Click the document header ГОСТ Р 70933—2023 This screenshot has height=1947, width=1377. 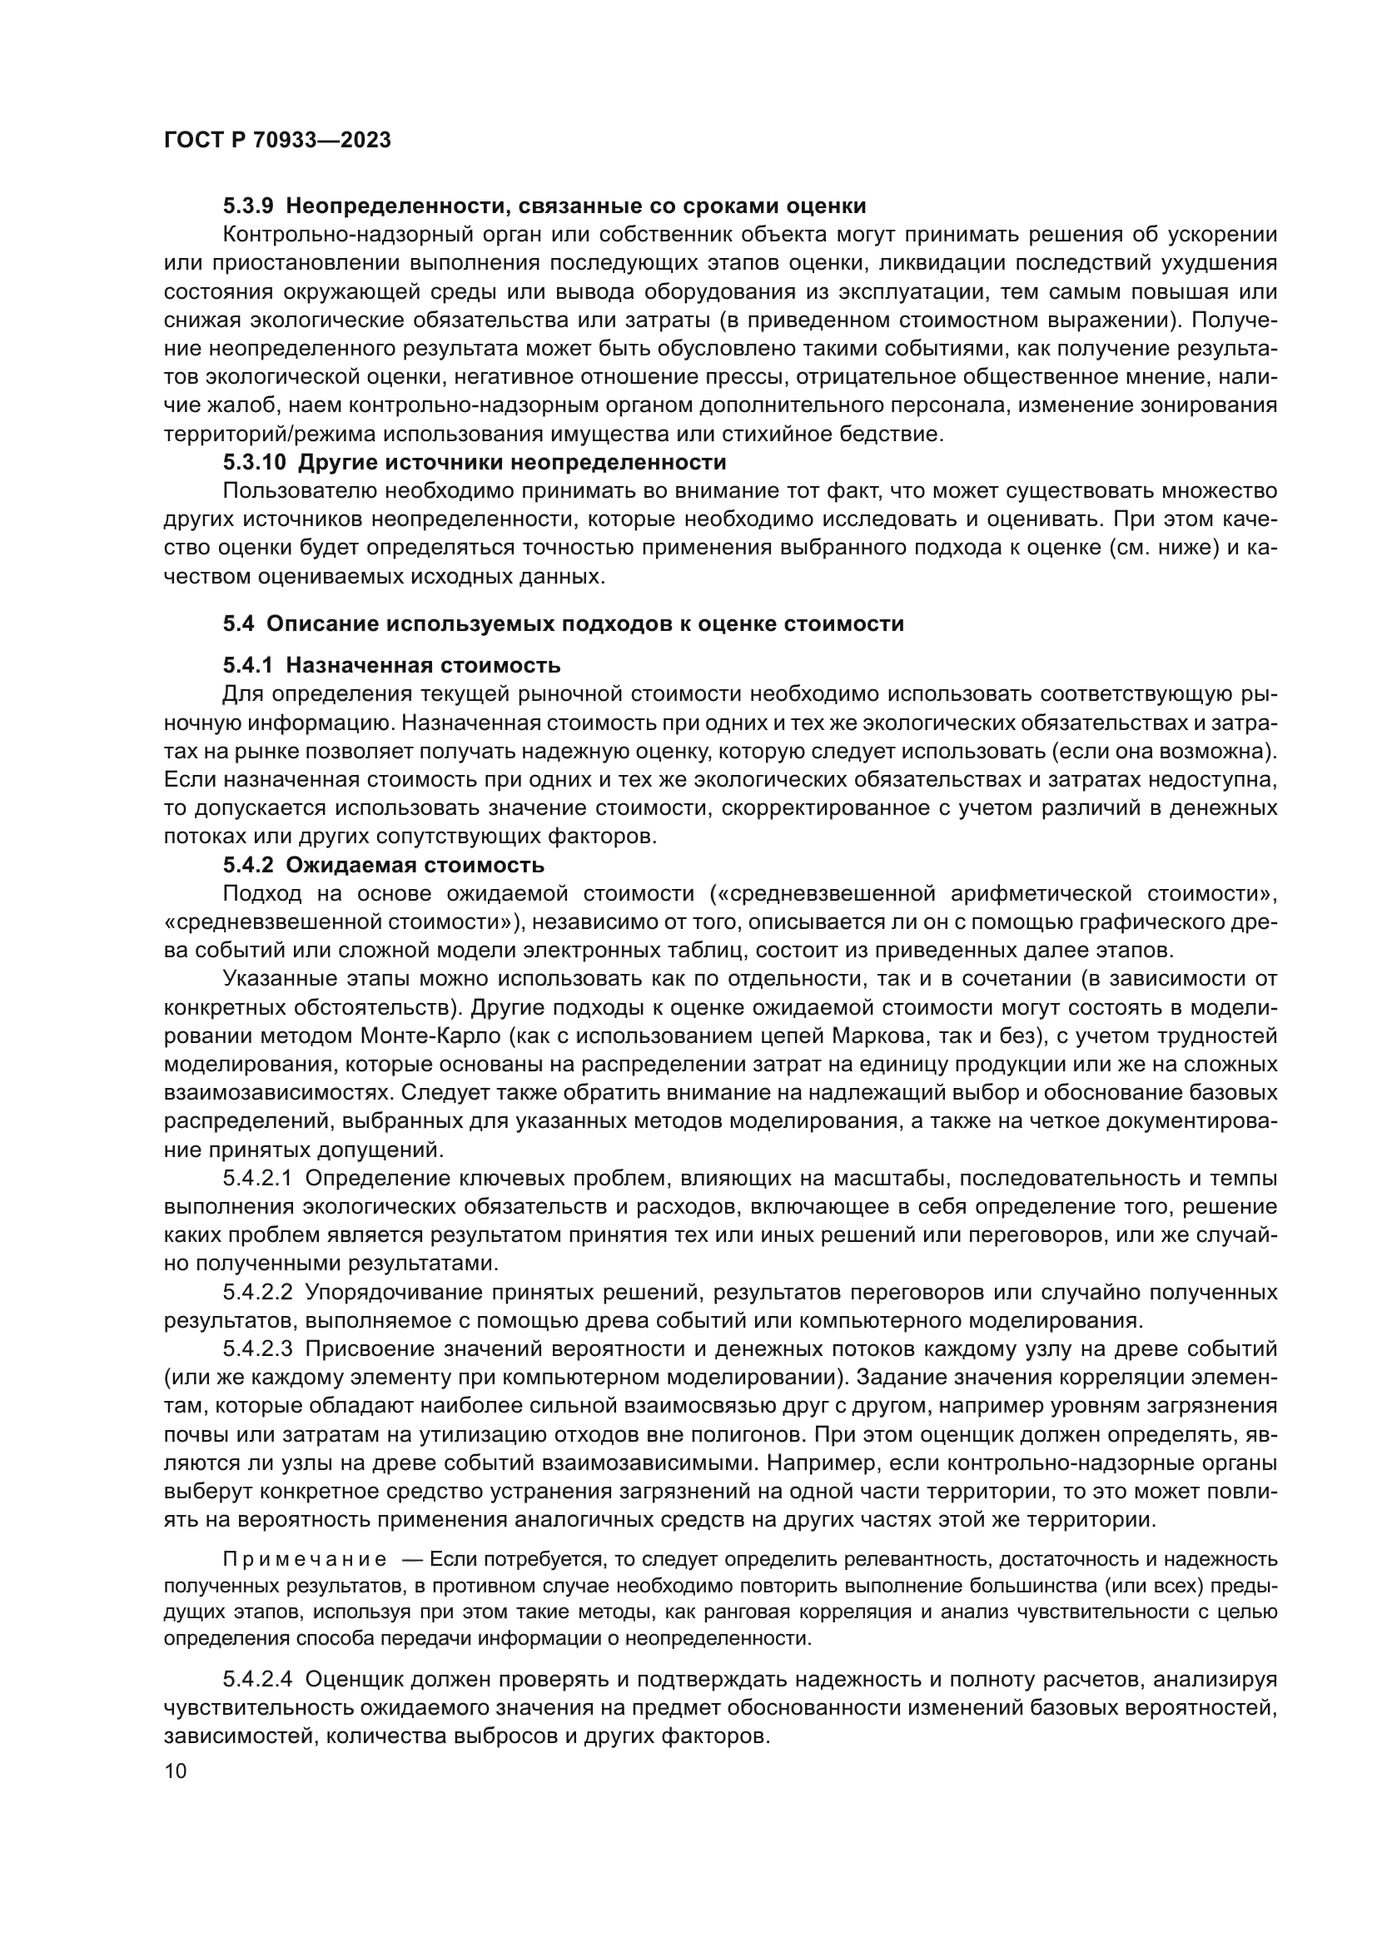coord(277,141)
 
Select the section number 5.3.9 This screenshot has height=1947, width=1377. coord(248,206)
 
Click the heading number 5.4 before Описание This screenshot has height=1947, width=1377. coord(238,624)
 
